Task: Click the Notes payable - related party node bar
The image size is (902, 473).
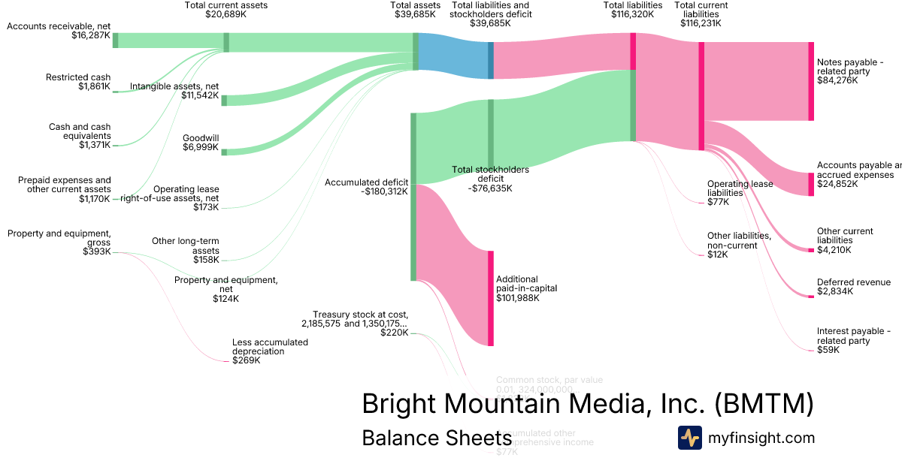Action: [x=811, y=81]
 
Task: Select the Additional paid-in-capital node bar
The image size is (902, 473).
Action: [x=491, y=298]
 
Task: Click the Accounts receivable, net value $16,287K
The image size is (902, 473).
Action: [x=92, y=35]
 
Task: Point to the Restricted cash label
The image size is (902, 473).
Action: [x=78, y=77]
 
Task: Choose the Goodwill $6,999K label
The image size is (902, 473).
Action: [x=200, y=143]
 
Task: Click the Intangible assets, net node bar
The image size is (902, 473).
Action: [x=224, y=101]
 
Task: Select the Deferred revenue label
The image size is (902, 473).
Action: [x=853, y=282]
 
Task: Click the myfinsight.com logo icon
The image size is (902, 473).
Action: [x=689, y=438]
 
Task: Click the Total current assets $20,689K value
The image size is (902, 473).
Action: [x=225, y=14]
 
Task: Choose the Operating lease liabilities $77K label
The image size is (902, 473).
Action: [x=740, y=193]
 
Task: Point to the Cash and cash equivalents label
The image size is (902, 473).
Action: [x=80, y=136]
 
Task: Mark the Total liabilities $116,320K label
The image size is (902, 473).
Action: [x=632, y=10]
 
